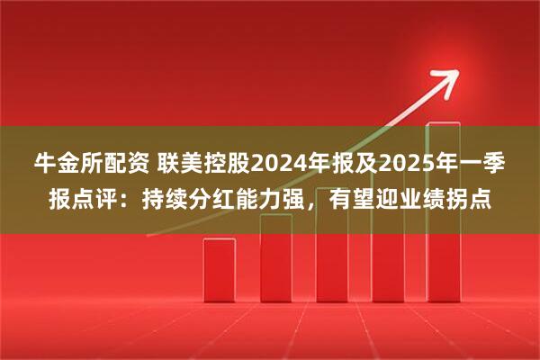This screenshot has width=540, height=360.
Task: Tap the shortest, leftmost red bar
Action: pyautogui.click(x=219, y=270)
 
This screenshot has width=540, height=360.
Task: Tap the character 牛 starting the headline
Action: pyautogui.click(x=44, y=165)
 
